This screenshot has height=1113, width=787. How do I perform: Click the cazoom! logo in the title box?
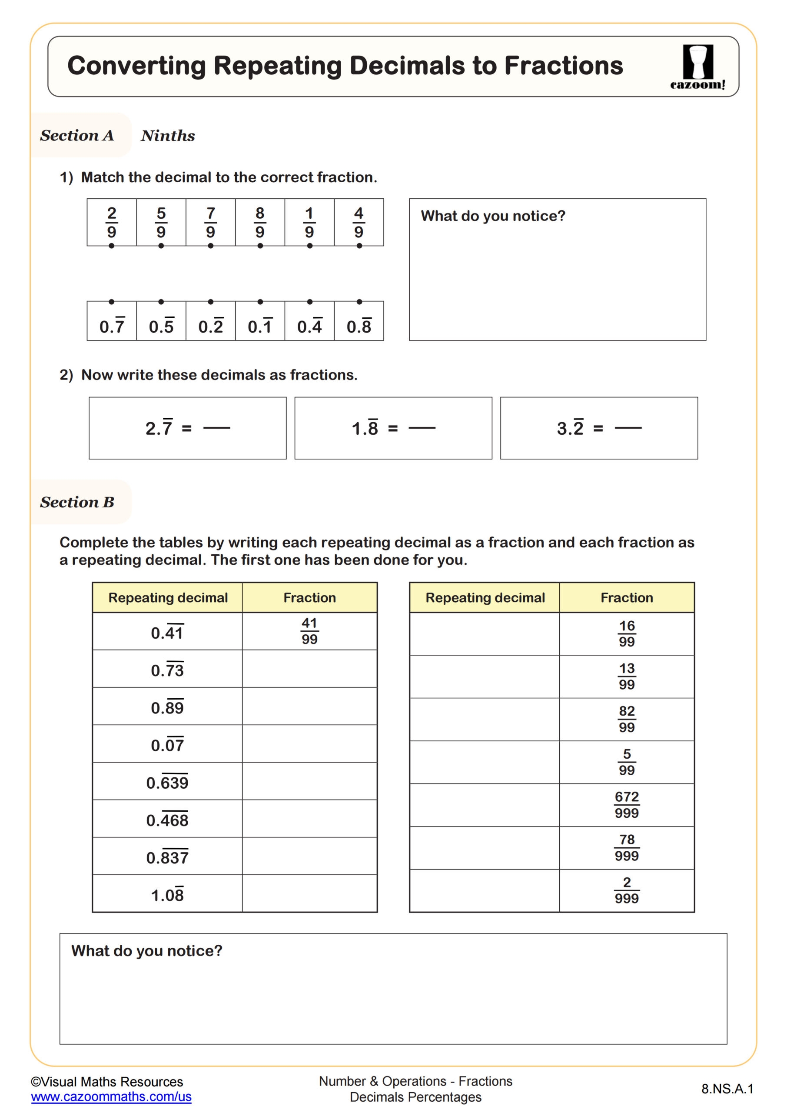click(697, 67)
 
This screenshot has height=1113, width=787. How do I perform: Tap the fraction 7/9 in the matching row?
click(210, 223)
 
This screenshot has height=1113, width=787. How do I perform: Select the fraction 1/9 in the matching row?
click(309, 223)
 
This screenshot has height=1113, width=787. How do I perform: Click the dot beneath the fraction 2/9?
click(111, 246)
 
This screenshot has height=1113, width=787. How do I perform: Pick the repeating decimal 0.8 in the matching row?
click(359, 326)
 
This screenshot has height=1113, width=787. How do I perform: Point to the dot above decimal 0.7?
click(111, 302)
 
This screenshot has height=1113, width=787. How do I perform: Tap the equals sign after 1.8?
click(392, 429)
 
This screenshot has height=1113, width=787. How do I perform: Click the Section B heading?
click(77, 502)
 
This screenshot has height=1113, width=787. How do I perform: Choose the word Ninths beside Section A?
click(168, 136)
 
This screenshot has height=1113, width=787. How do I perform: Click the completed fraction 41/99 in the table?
click(309, 631)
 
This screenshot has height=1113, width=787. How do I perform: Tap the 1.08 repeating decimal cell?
click(167, 895)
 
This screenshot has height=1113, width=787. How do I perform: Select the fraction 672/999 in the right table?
click(627, 805)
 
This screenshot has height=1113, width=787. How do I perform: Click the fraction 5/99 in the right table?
click(627, 762)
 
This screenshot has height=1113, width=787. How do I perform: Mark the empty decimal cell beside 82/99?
click(484, 720)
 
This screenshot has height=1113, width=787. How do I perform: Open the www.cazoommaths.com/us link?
click(111, 1096)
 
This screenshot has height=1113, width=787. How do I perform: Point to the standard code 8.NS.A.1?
click(727, 1089)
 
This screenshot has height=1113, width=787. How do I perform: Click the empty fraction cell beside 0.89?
click(309, 706)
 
